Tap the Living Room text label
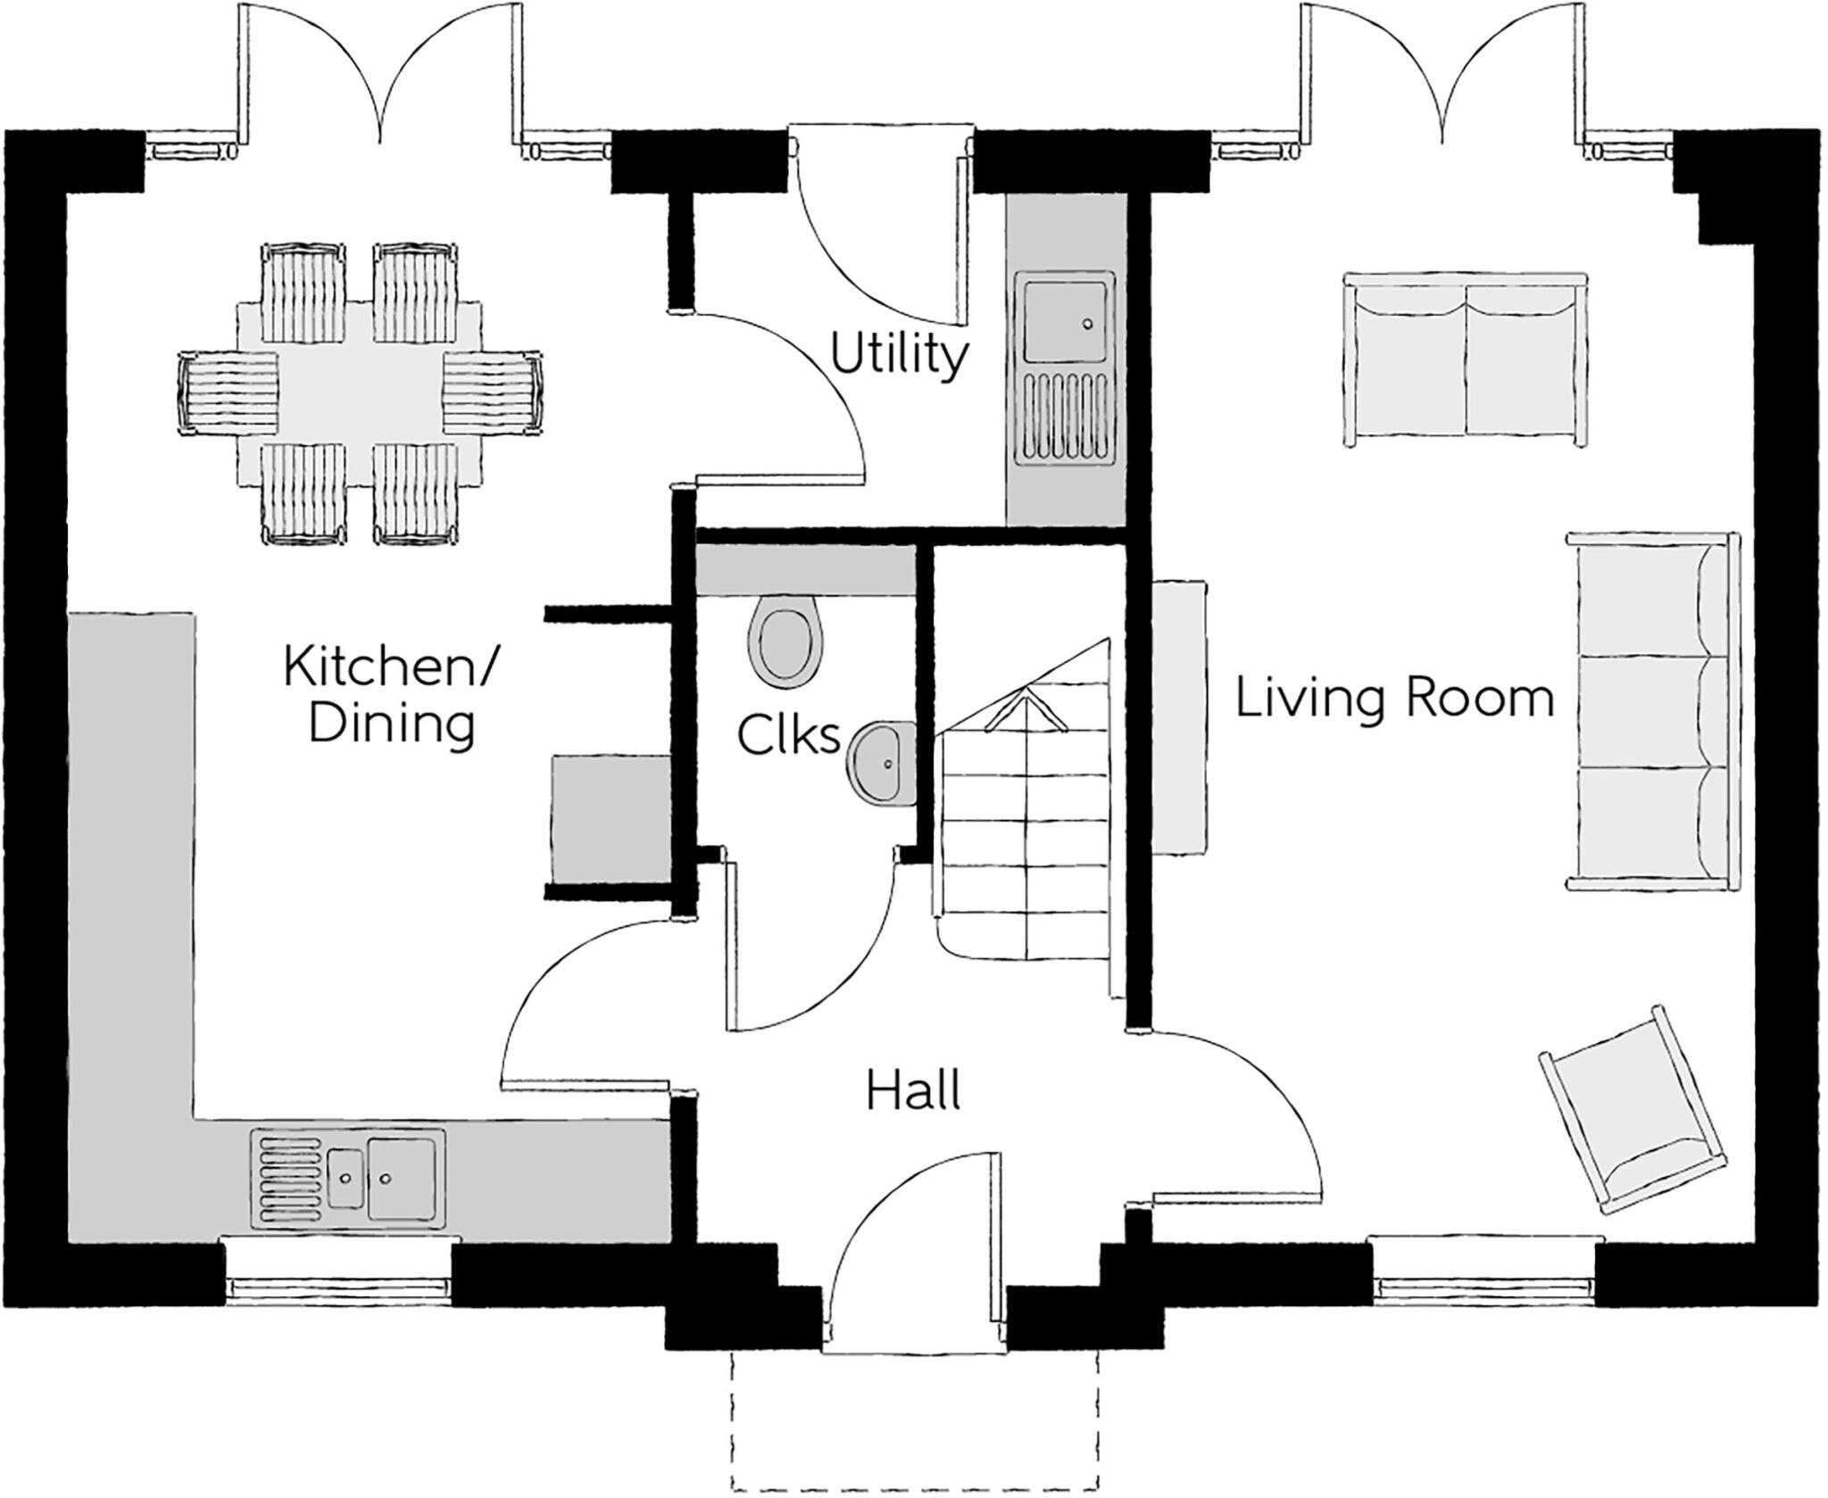click(1394, 699)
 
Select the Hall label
click(913, 1090)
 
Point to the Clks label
click(789, 736)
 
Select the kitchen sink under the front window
click(349, 1179)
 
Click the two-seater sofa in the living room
click(1466, 360)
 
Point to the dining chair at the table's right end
click(493, 393)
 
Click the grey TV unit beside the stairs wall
click(1179, 717)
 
